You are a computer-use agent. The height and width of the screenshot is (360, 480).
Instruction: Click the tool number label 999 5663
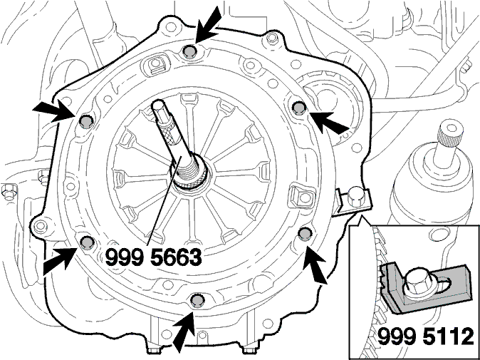click(153, 257)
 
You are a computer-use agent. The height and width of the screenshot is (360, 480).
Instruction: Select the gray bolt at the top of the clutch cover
click(190, 51)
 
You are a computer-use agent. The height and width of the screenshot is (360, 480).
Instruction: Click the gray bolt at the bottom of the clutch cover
click(197, 300)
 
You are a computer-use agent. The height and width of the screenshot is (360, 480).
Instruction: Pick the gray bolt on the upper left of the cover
click(86, 122)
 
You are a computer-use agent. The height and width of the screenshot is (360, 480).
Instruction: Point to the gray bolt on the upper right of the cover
click(299, 108)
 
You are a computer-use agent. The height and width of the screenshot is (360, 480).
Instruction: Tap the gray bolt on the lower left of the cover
click(87, 242)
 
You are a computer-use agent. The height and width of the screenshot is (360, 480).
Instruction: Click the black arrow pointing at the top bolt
click(208, 25)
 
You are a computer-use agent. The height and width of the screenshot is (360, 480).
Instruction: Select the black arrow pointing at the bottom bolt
click(184, 331)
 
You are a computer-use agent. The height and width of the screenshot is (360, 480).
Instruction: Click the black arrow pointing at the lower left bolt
click(60, 260)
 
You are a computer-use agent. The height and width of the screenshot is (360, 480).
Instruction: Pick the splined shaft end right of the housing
click(449, 135)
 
